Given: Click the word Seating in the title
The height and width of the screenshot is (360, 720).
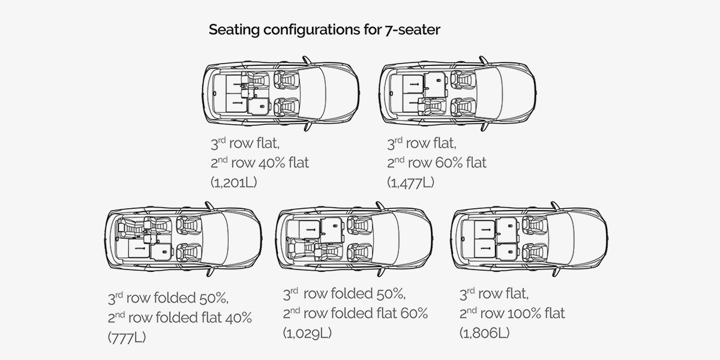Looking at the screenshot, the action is pos(234,30).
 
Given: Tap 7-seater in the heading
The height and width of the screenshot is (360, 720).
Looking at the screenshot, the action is pos(412,29).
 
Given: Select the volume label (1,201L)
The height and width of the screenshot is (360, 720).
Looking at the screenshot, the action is pos(233,182).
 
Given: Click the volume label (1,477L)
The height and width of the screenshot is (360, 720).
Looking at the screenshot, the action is pos(410,182).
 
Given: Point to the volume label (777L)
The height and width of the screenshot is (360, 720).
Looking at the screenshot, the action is pos(127,337).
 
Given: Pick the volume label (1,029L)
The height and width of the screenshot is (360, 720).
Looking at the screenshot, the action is pos(307,333).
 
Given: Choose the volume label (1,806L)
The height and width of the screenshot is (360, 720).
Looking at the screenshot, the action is pos(484,333).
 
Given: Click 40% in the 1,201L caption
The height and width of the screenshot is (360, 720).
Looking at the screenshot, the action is pos(272,163).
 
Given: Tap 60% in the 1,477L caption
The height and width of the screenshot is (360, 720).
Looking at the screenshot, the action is pos(449,163).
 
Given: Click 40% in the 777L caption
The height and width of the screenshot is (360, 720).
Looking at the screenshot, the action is pos(239,317).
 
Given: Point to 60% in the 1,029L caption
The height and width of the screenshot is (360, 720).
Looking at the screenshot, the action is pos(415,313).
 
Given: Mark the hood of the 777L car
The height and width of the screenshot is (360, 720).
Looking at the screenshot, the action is pos(244,239).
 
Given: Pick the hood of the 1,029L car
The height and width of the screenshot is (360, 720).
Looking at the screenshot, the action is pos(415,239).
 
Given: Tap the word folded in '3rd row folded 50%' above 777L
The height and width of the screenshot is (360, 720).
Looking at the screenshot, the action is pos(175,298).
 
